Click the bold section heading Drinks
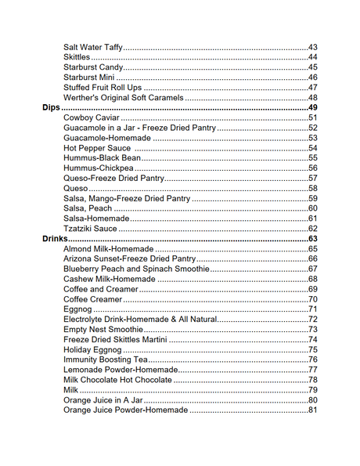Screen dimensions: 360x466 click(56, 239)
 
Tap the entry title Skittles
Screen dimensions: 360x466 click(77, 57)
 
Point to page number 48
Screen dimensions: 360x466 click(312, 97)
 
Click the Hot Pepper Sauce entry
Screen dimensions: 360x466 click(98, 148)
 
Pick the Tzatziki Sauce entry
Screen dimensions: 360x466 click(90, 229)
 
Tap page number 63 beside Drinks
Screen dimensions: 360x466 click(312, 239)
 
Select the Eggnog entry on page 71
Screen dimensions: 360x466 click(77, 309)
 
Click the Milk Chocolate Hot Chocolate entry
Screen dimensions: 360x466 click(117, 380)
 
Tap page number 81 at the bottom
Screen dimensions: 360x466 click(312, 410)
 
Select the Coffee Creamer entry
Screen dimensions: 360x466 click(92, 299)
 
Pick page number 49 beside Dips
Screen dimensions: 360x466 click(312, 107)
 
